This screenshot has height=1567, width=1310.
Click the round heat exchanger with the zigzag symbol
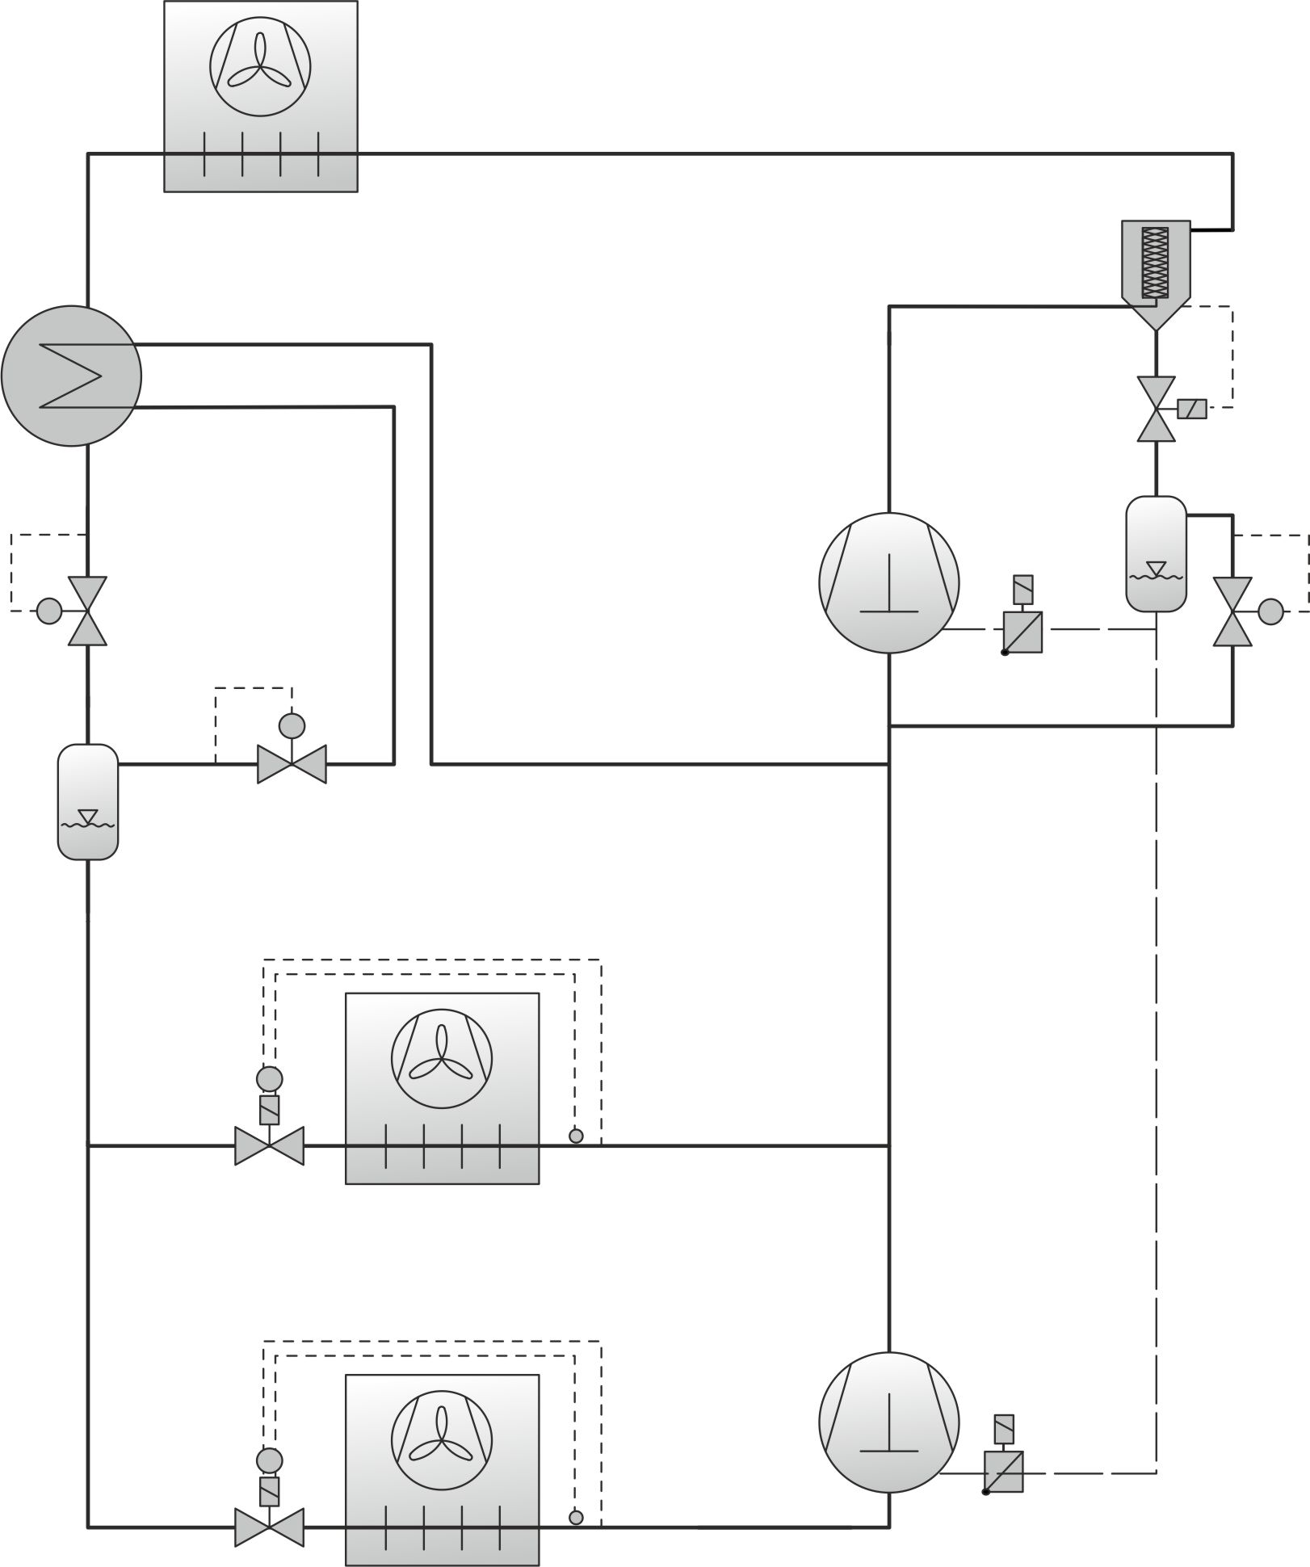[x=71, y=376]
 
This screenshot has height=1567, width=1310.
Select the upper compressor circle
[x=888, y=582]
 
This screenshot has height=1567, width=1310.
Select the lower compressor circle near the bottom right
[x=888, y=1422]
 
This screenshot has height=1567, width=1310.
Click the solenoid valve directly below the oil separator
[x=1156, y=409]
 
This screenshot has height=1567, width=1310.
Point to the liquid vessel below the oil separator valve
[x=1156, y=553]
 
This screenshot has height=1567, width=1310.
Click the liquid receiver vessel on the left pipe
[x=88, y=801]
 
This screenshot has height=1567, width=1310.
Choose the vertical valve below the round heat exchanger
[x=87, y=611]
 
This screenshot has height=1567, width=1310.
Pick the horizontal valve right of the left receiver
[x=292, y=763]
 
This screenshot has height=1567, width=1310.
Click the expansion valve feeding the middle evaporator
[x=269, y=1145]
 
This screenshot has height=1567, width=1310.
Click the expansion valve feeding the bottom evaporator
[x=269, y=1526]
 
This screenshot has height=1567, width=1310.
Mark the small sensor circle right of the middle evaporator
[x=576, y=1136]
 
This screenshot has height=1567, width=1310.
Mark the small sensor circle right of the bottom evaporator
[x=576, y=1517]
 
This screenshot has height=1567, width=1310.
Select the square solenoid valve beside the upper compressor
[x=1022, y=632]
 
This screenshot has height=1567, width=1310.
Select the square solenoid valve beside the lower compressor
[x=1004, y=1472]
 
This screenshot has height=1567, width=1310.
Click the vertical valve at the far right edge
[x=1232, y=611]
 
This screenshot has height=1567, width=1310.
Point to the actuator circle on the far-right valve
[x=1270, y=611]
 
